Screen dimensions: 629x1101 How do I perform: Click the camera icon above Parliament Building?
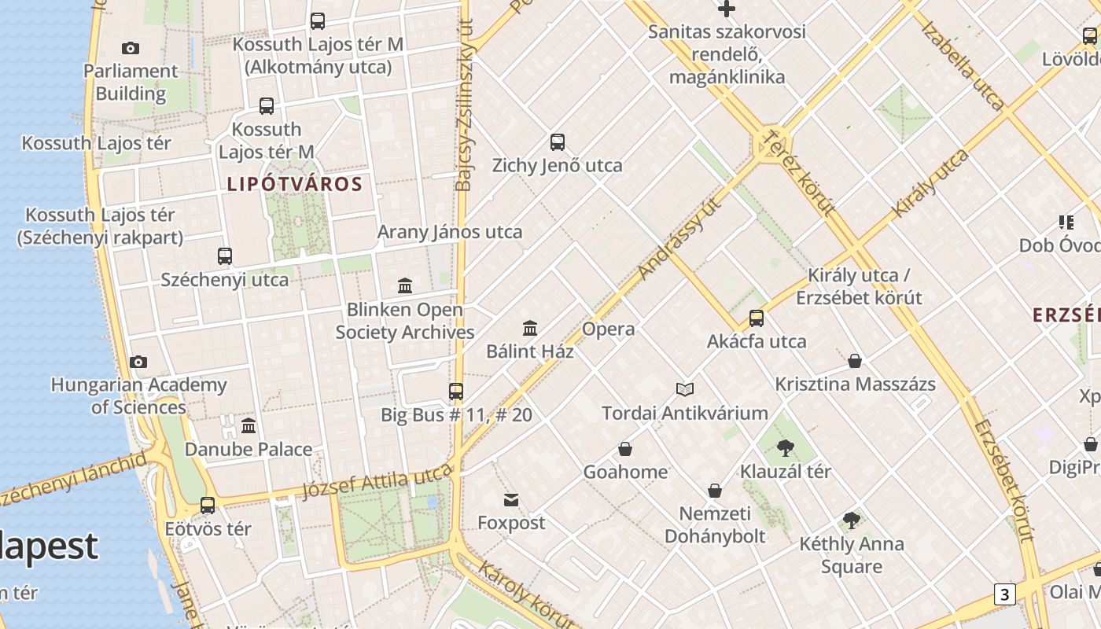[x=131, y=49]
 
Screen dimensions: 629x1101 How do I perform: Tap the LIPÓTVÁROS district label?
[x=295, y=185]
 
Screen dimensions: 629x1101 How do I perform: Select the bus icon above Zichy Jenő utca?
[x=558, y=142]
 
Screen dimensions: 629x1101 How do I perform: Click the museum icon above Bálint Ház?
[x=530, y=328]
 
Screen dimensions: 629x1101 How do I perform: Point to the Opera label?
[x=609, y=329]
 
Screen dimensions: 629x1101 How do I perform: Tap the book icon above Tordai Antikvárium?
[x=685, y=389]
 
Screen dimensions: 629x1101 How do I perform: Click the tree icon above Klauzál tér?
[x=785, y=448]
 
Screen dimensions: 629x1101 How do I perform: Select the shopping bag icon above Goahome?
[x=625, y=449]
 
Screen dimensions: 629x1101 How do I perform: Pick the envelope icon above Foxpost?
[x=511, y=499]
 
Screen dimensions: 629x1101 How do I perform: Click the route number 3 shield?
[x=1004, y=594]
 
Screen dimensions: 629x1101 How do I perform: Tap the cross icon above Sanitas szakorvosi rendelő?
[x=727, y=9]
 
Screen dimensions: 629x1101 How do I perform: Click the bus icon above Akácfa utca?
[x=757, y=318]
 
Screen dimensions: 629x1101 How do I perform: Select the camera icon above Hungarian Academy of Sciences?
[x=138, y=362]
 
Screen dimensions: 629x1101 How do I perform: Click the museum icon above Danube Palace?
[x=249, y=426]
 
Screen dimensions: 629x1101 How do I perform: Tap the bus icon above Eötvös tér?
[x=208, y=506]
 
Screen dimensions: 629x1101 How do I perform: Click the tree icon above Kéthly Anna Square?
[x=851, y=520]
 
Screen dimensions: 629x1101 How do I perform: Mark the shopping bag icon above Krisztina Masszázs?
[x=855, y=361]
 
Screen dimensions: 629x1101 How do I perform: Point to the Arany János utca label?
[x=450, y=232]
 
